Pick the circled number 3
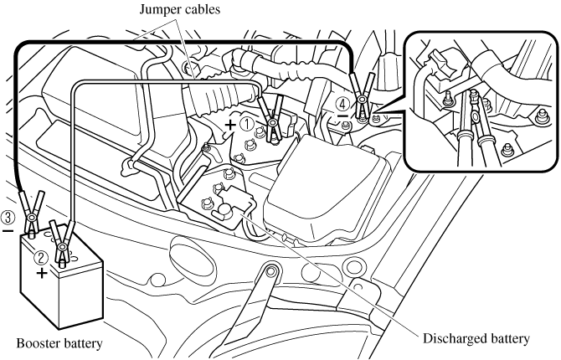coord(8,216)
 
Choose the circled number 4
coord(342,105)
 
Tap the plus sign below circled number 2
coord(41,272)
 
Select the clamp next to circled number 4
coord(363,96)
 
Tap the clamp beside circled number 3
coord(31,210)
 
